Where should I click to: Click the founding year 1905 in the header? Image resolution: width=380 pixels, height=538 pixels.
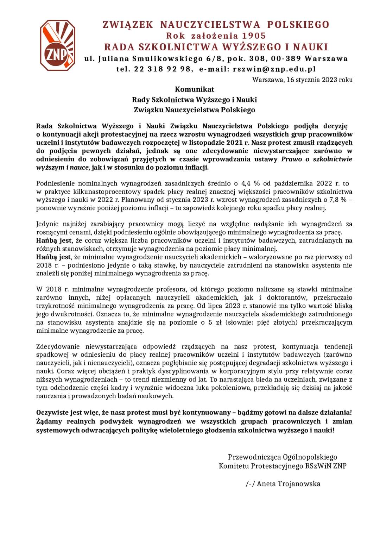[x=254, y=36]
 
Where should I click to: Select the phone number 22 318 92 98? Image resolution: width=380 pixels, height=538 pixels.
[x=162, y=69]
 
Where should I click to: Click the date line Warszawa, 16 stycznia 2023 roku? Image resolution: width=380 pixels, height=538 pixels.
[x=302, y=80]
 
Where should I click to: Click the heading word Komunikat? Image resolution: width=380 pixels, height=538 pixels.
[x=194, y=89]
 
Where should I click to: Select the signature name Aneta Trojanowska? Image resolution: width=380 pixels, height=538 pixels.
[x=288, y=484]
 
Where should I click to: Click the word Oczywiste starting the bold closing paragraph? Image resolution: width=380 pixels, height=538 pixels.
[x=52, y=412]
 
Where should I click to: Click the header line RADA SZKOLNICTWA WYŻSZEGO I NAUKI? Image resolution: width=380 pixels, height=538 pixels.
[x=216, y=47]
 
